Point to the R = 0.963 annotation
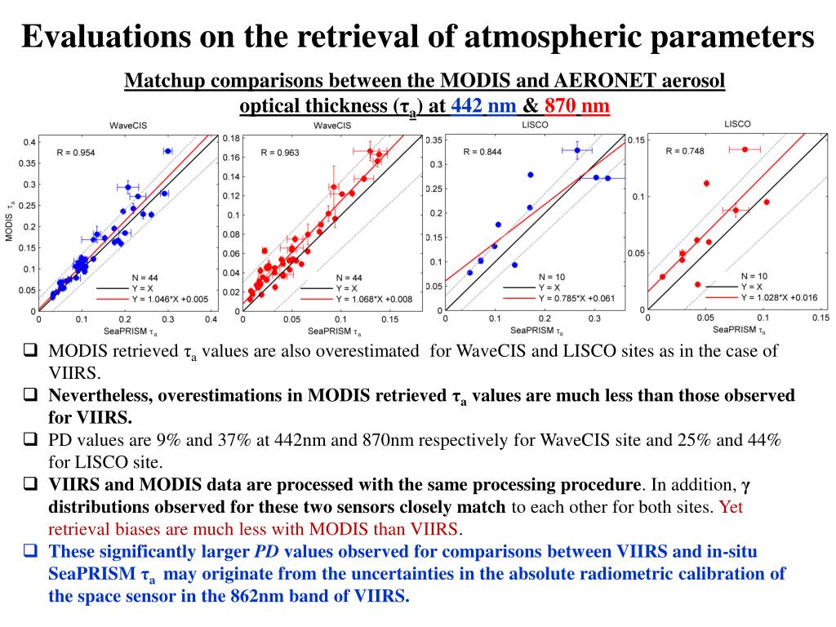coord(281,153)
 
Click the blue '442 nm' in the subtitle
coord(483,106)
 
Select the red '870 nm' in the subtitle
coord(577,106)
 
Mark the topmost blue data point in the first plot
coord(167,151)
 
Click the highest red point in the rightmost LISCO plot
coord(745,149)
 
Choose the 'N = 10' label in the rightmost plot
coord(754,276)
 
